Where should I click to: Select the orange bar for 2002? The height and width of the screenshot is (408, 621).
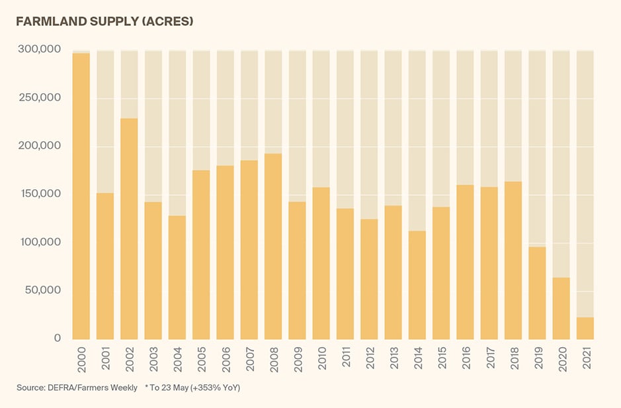129,229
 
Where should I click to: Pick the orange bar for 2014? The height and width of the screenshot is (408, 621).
417,285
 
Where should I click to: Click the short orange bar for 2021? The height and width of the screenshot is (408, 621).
585,328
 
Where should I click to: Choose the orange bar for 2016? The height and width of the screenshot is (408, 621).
465,262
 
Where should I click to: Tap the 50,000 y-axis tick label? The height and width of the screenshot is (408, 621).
41,290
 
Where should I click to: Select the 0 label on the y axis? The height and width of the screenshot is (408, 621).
57,339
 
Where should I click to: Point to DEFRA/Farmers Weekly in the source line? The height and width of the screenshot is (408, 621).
92,388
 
